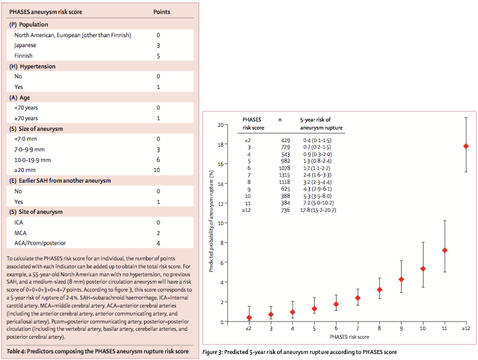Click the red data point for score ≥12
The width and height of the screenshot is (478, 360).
click(466, 146)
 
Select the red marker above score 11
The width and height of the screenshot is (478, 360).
click(445, 250)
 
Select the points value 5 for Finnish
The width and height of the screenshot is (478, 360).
click(158, 56)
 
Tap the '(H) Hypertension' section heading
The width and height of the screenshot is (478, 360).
click(31, 67)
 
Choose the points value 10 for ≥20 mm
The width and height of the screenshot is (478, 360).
click(158, 170)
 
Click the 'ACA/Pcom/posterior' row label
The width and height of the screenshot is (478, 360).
click(42, 243)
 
